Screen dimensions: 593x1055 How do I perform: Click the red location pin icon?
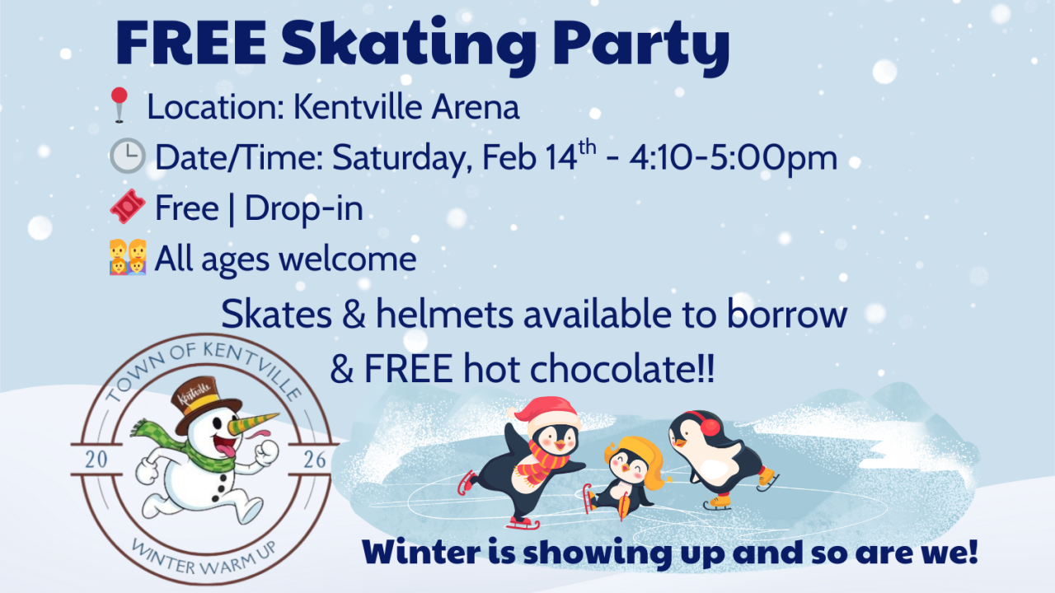tap(120, 106)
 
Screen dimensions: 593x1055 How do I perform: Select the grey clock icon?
tap(127, 156)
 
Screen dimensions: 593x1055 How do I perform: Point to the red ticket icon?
tap(128, 207)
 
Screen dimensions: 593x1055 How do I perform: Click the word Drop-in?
tap(303, 208)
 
